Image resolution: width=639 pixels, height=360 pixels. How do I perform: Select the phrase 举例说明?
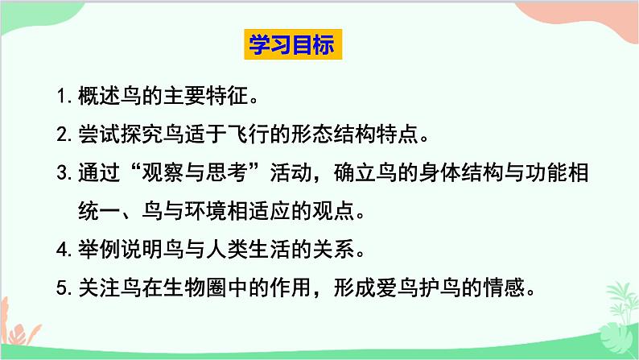(x=116, y=250)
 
